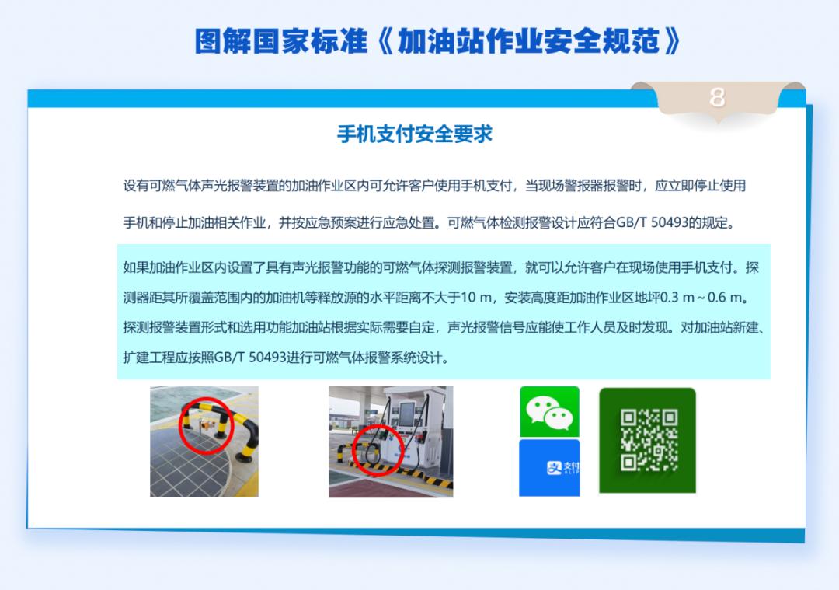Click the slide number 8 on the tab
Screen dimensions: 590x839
(717, 97)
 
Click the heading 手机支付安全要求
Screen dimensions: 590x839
(415, 134)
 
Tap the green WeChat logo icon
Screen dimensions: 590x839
(549, 412)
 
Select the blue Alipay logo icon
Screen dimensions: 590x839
(549, 468)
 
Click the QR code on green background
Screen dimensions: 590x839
(647, 440)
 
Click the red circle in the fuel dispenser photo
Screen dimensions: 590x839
(378, 449)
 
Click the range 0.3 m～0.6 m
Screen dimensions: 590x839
(708, 298)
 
